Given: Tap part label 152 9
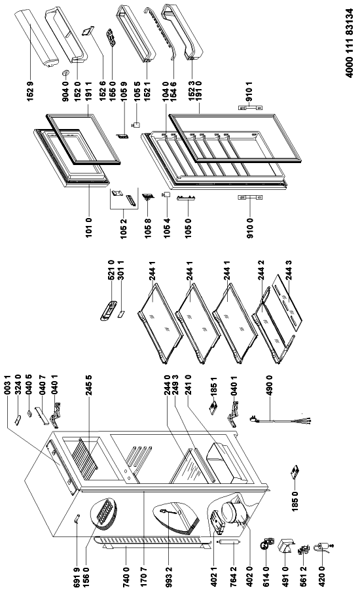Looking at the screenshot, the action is [x=31, y=90].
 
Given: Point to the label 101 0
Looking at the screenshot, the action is [x=89, y=227].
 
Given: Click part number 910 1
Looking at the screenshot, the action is [x=249, y=91].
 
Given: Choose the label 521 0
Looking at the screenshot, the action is [x=111, y=270].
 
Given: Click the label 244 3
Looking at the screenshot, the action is [x=289, y=270].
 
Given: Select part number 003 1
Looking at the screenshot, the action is [x=7, y=386].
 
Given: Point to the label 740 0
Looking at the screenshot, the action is [x=126, y=572].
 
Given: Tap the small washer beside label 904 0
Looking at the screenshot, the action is [x=65, y=73].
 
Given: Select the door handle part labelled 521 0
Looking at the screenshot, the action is [x=108, y=310].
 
